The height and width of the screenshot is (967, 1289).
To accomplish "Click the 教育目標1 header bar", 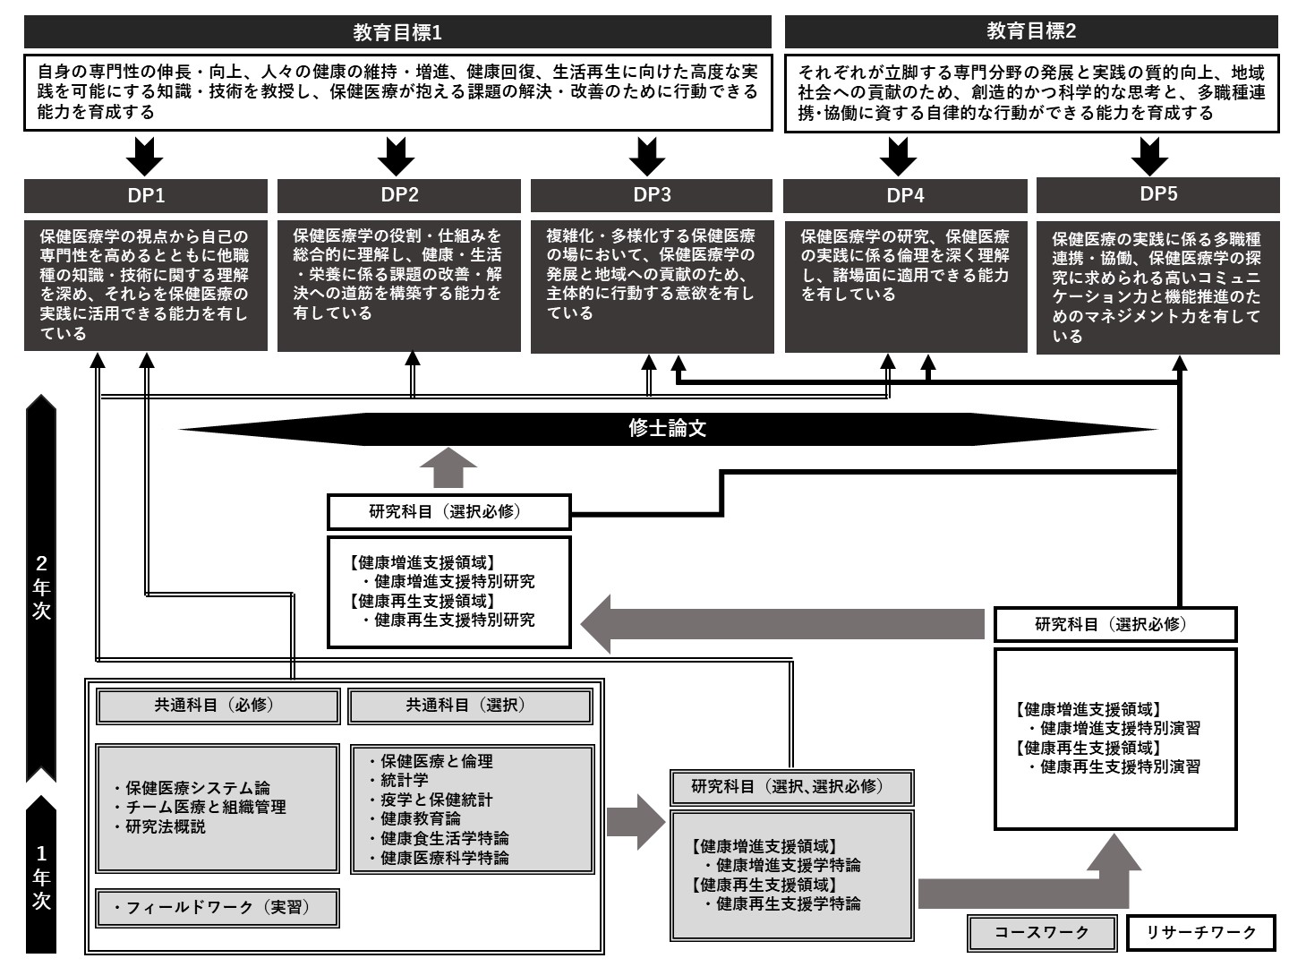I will tap(397, 33).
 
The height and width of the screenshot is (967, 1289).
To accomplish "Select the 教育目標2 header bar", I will tap(1031, 32).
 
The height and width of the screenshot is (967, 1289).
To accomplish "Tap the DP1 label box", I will tap(146, 195).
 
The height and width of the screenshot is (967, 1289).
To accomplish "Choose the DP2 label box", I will tap(399, 195).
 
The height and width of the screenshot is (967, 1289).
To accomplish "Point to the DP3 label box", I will tap(652, 195).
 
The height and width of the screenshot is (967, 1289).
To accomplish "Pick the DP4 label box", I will tap(905, 195).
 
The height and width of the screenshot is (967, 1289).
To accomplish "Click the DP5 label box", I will tap(1158, 194).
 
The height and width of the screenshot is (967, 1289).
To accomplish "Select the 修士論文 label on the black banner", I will tap(668, 429).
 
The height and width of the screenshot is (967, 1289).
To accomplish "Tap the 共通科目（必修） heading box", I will tap(218, 706).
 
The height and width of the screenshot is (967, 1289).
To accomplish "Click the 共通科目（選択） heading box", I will tap(470, 706).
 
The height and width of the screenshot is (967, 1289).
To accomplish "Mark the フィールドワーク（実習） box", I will tap(218, 908).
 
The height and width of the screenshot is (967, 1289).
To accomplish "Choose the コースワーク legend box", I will tap(1042, 933).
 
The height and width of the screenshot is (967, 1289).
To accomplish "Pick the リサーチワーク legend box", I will tap(1202, 933).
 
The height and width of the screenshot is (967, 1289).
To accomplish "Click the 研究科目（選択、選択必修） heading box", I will tap(791, 787).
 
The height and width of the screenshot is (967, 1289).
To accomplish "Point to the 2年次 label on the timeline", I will tap(42, 587).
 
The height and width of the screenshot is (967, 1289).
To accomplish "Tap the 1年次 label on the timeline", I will tap(42, 877).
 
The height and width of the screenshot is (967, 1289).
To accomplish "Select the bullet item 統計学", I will tap(405, 780).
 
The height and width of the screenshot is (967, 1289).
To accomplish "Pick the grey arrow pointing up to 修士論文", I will tap(448, 468).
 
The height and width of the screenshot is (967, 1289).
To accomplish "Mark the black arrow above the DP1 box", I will tap(145, 156).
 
